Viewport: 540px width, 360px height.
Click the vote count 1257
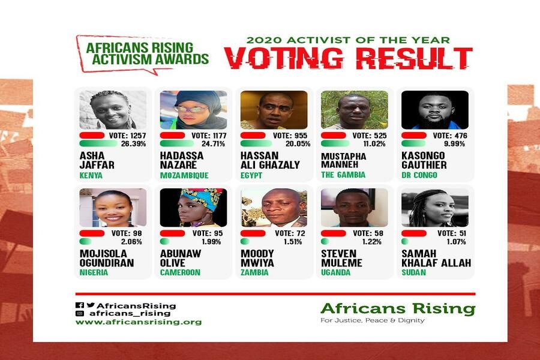coord(138,136)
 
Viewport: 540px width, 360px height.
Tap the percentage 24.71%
coord(213,143)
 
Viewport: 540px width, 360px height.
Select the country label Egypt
coord(251,175)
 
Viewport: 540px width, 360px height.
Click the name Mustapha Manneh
coord(343,161)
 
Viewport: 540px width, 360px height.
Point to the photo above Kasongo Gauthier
coord(434,110)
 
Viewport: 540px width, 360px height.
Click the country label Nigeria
coord(94,272)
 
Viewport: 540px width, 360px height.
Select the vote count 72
coord(301,233)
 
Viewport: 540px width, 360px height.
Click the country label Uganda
coord(335,272)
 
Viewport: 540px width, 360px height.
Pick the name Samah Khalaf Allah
coord(436,258)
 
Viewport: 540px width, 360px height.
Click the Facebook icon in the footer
coord(80,305)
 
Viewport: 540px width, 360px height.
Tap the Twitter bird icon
coord(91,305)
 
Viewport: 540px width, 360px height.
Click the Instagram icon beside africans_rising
coord(80,313)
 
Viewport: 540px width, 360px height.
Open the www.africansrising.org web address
coord(139,322)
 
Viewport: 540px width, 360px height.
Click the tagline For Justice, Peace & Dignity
coord(372,320)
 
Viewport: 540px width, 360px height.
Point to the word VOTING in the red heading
coord(284,58)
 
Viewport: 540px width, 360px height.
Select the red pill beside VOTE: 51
coord(414,233)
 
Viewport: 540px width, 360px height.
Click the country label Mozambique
coord(184,175)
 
